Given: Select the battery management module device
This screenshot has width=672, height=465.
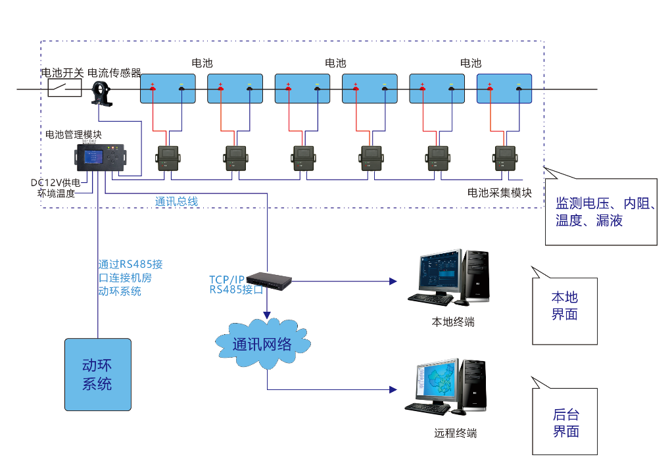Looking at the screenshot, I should (x=101, y=157).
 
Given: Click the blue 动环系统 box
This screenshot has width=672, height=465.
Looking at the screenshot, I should (x=97, y=374).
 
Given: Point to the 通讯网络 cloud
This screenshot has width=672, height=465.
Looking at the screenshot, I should (x=262, y=343).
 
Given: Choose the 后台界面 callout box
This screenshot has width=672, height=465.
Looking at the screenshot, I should (x=565, y=422).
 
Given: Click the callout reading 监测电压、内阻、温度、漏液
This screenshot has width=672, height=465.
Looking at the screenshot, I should (x=601, y=212).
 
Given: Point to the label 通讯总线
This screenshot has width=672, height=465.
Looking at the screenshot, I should (x=176, y=201).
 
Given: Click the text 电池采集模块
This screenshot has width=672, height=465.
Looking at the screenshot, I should (x=499, y=193).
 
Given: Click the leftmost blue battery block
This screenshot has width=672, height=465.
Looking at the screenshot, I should (x=168, y=89).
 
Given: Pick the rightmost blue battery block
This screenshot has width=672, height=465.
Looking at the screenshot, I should (x=504, y=89).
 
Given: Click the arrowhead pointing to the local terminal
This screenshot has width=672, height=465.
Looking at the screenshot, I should (x=393, y=281).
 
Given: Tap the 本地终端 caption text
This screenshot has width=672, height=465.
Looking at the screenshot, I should (x=452, y=322).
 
